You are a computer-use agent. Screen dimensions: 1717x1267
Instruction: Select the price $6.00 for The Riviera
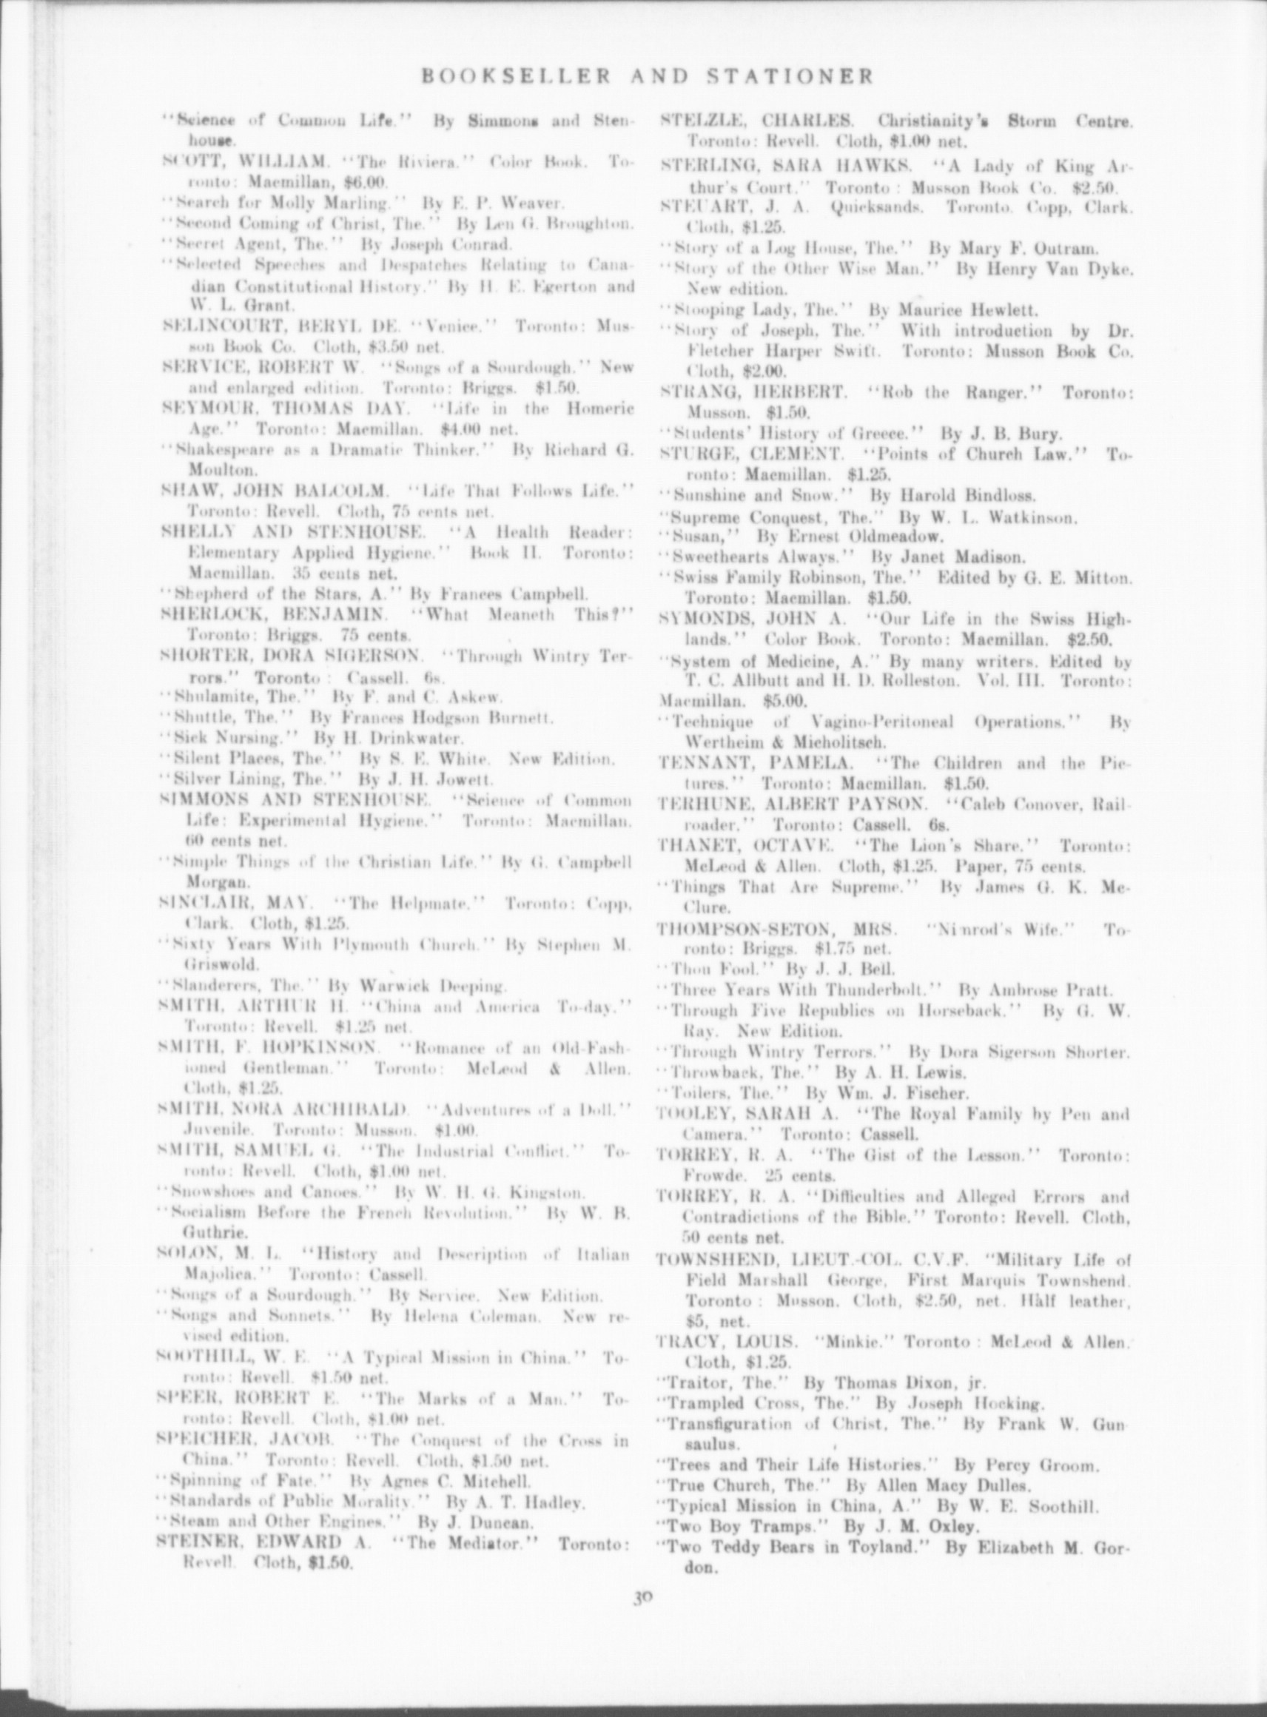point(366,183)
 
